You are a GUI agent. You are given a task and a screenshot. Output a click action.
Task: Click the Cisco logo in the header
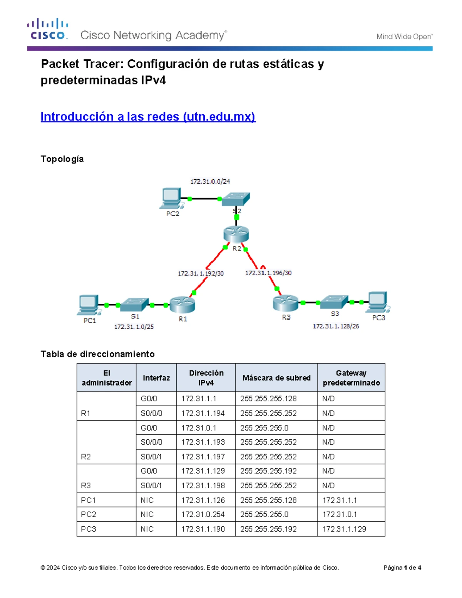pyautogui.click(x=47, y=29)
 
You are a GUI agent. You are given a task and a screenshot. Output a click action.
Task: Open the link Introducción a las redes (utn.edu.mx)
pyautogui.click(x=148, y=116)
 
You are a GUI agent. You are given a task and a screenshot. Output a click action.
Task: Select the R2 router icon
pyautogui.click(x=236, y=234)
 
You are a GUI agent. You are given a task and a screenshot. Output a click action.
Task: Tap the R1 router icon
pyautogui.click(x=182, y=304)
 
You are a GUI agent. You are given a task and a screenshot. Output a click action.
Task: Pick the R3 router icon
pyautogui.click(x=285, y=303)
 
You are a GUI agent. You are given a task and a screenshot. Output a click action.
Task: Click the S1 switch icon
pyautogui.click(x=135, y=304)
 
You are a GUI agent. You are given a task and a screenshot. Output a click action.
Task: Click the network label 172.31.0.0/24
pyautogui.click(x=210, y=181)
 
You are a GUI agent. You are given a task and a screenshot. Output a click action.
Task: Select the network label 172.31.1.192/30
pyautogui.click(x=201, y=273)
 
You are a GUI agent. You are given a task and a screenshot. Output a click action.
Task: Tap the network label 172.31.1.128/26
pyautogui.click(x=336, y=326)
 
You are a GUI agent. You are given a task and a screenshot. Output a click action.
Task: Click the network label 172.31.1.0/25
pyautogui.click(x=134, y=327)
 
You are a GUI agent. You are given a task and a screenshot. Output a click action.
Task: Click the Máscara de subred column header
pyautogui.click(x=276, y=378)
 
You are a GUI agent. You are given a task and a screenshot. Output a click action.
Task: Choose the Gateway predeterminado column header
pyautogui.click(x=351, y=378)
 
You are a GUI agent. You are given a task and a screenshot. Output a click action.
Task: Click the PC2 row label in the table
pyautogui.click(x=89, y=514)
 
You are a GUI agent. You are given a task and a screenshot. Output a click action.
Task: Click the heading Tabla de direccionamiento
pyautogui.click(x=97, y=354)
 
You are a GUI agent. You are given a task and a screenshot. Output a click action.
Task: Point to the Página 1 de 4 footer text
pyautogui.click(x=402, y=568)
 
